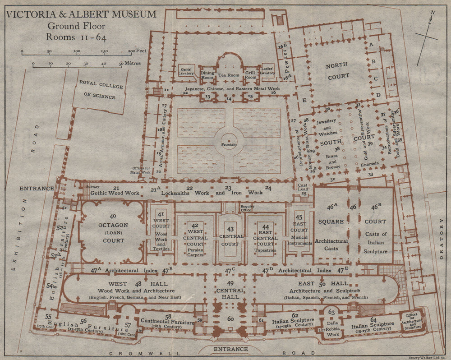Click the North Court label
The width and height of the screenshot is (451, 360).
tap(338, 71)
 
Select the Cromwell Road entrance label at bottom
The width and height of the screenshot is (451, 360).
tap(230, 349)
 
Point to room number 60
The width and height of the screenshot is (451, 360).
tap(230, 319)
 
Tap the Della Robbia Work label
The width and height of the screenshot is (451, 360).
tap(333, 328)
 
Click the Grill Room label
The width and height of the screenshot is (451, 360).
tap(250, 75)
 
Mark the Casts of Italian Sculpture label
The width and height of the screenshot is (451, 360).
tap(375, 242)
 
